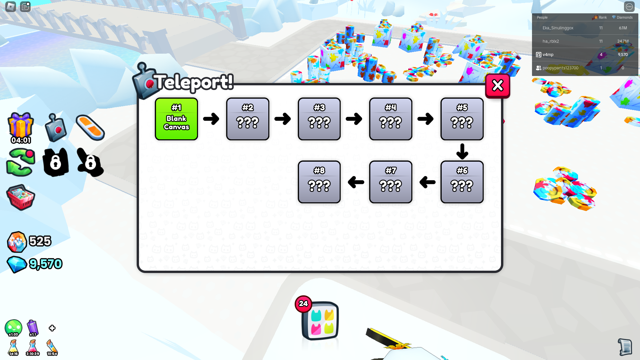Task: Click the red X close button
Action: (498, 86)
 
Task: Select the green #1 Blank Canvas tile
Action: (176, 119)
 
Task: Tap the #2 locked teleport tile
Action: (248, 119)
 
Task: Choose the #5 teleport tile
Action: (462, 119)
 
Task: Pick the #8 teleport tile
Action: (319, 182)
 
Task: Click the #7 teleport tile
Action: (391, 182)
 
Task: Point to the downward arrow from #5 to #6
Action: (462, 151)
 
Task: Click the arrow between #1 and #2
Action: (211, 119)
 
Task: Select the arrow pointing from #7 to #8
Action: (356, 182)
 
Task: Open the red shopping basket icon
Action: (21, 197)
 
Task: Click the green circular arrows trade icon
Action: (21, 162)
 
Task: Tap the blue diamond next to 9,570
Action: (17, 265)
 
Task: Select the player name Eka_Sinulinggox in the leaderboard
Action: (558, 28)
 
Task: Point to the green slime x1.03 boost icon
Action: (13, 328)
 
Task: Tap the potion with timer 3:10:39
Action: (33, 348)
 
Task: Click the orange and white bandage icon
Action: (90, 128)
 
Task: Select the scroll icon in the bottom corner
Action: (625, 347)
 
